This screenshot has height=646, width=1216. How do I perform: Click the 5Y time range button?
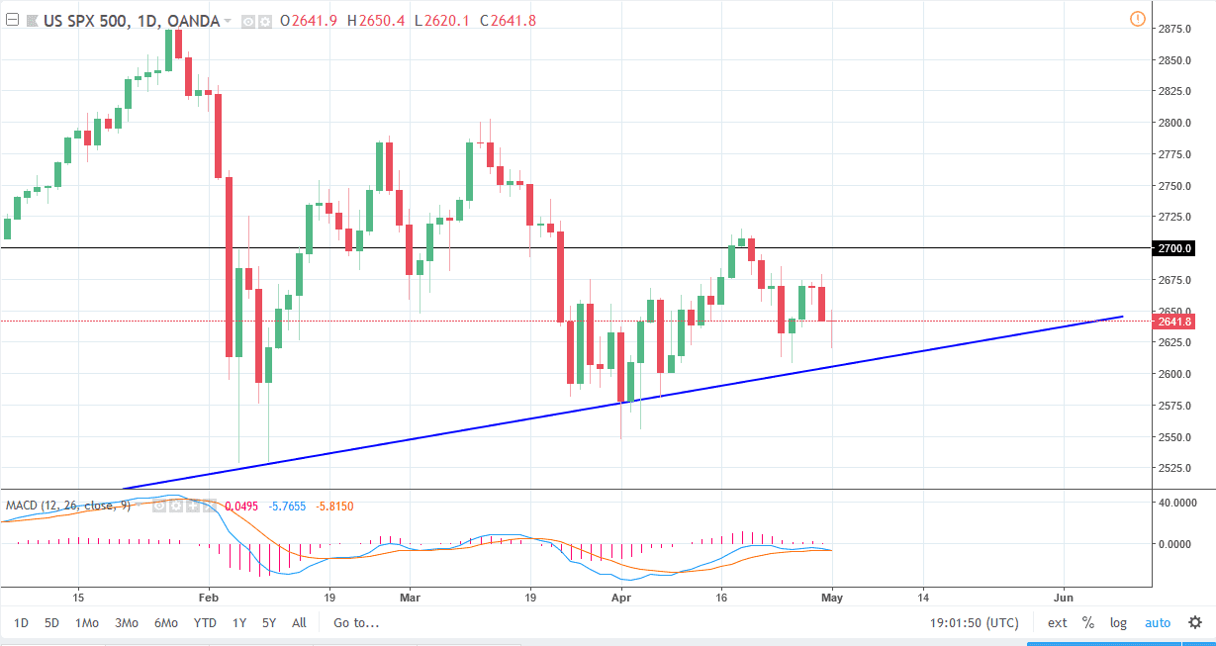click(269, 623)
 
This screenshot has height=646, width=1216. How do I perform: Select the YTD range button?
click(205, 623)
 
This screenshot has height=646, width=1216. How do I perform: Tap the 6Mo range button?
click(165, 623)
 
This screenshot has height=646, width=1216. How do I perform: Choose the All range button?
click(299, 623)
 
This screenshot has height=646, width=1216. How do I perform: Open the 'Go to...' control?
click(356, 623)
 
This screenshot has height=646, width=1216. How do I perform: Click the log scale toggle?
click(1118, 623)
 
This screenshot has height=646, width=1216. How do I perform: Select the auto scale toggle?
click(1158, 623)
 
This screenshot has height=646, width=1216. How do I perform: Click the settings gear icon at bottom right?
click(1194, 623)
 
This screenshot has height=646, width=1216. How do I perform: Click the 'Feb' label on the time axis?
click(208, 599)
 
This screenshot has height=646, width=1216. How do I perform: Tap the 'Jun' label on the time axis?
click(1065, 599)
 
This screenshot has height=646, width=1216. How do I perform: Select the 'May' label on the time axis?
click(832, 599)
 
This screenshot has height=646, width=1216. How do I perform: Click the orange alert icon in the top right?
click(1137, 19)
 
